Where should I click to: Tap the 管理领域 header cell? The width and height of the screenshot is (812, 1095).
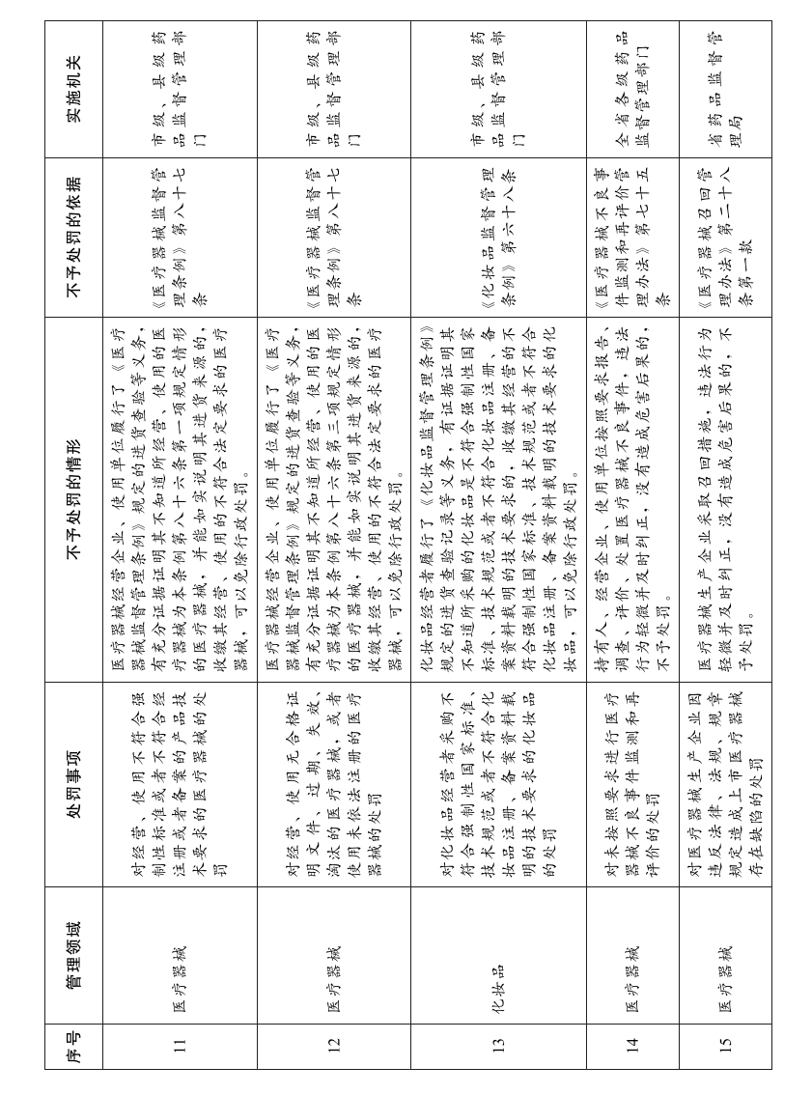[x=73, y=955]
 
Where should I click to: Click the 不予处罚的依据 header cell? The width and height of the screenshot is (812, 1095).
[x=73, y=237]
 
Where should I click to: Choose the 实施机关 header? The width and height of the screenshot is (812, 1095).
[x=73, y=89]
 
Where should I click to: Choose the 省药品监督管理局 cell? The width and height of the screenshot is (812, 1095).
[x=725, y=89]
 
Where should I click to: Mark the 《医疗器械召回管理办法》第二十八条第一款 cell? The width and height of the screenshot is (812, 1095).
[x=725, y=237]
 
